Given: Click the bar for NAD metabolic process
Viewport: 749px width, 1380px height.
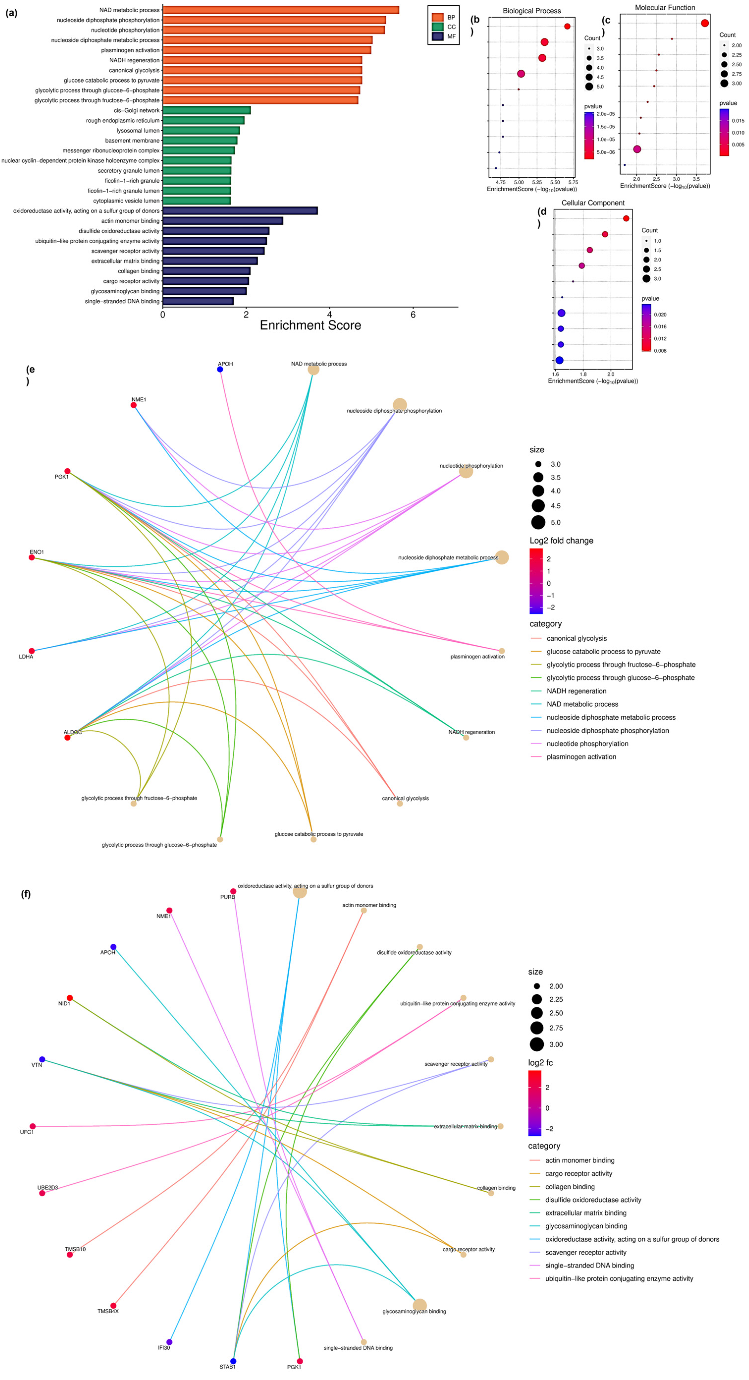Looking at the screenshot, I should coord(281,10).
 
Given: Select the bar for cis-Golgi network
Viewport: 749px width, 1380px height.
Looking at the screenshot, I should coord(206,110).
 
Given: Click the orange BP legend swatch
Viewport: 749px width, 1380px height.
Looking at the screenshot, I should coord(437,17).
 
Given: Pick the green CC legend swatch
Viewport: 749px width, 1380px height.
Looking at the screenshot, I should coord(437,27).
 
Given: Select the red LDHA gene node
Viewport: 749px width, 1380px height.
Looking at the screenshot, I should coord(32,651).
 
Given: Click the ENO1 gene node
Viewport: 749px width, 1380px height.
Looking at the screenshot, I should coord(32,558).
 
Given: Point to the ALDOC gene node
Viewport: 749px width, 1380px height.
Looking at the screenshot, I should coord(67,738).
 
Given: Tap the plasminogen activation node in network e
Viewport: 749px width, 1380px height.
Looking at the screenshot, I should coord(502,651).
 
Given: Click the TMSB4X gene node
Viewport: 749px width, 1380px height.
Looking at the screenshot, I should coord(113,1306).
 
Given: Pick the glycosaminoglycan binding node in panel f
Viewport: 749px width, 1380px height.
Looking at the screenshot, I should coord(420,1305).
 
